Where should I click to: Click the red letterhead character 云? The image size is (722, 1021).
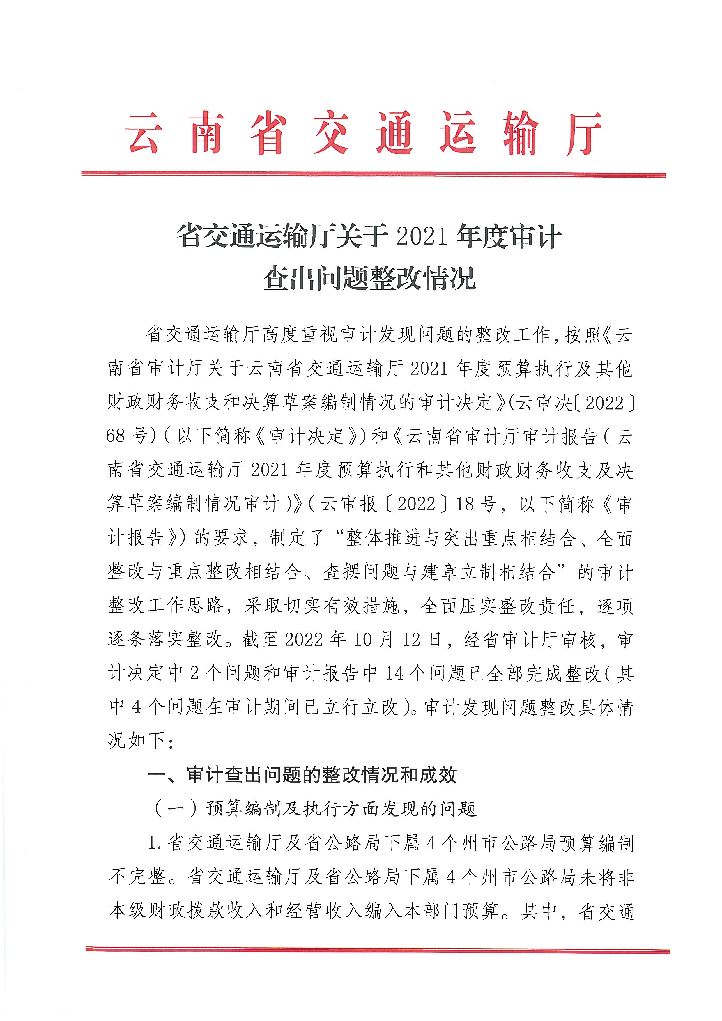(x=143, y=132)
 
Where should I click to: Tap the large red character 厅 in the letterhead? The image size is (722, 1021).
(x=584, y=133)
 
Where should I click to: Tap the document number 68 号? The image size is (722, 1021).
(x=127, y=436)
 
